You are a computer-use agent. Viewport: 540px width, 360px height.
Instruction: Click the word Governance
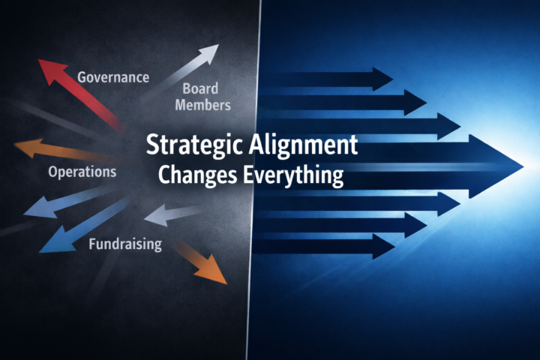pos(113,77)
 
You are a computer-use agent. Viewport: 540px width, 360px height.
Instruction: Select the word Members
pos(202,105)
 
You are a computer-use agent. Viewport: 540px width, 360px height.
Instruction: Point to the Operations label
pos(82,172)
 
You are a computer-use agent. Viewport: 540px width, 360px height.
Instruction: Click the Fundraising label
pos(125,244)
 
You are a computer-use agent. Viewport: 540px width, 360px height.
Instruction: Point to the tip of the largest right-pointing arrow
pos(520,164)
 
